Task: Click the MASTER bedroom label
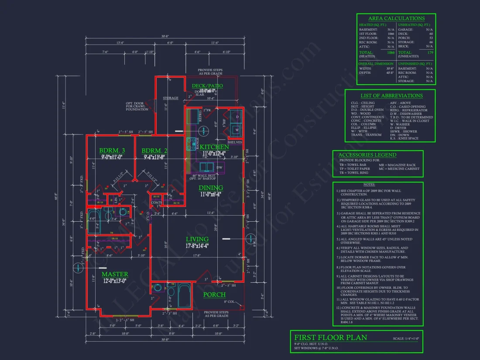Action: pos(115,274)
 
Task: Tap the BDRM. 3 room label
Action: pos(112,151)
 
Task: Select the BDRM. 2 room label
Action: pos(154,151)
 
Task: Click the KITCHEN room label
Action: pos(214,147)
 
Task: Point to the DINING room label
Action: pos(211,188)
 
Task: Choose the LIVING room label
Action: pos(197,239)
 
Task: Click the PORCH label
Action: pos(215,295)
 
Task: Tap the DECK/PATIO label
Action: pos(207,86)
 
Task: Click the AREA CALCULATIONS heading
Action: pos(396,18)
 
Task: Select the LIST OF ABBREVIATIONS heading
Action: pos(391,96)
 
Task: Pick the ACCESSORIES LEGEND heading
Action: pos(367,154)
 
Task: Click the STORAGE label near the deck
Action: pos(171,98)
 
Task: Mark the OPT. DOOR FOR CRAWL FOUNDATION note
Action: pos(137,106)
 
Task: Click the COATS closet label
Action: pos(157,202)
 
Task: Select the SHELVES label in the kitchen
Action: pos(234,142)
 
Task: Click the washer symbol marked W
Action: pos(237,130)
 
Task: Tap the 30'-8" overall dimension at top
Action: pos(165,36)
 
